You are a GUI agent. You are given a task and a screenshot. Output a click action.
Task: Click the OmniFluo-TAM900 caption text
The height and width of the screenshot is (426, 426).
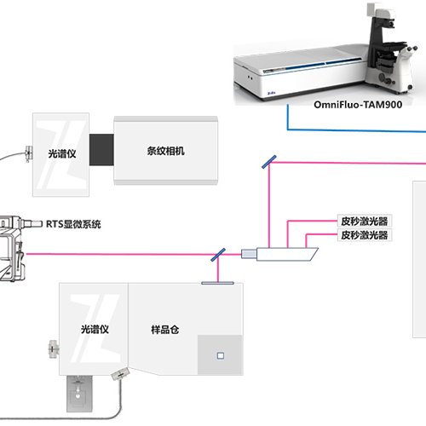(358, 105)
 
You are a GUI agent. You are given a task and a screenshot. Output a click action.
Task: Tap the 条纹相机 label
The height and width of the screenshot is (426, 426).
(166, 151)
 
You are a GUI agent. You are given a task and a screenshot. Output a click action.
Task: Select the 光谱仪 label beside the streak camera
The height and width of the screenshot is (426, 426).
(62, 153)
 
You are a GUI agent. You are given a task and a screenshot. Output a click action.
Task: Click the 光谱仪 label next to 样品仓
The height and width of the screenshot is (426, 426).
(95, 330)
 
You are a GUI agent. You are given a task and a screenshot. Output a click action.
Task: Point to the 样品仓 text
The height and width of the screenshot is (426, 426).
(165, 330)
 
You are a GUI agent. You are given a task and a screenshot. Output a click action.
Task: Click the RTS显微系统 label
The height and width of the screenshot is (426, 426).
(73, 224)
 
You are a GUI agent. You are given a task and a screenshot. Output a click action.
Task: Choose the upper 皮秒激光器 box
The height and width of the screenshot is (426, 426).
(365, 221)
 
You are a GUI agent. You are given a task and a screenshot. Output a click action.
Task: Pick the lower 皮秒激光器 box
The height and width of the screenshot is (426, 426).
(365, 235)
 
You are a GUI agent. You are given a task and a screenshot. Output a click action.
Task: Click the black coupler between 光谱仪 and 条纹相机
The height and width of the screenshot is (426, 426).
(101, 150)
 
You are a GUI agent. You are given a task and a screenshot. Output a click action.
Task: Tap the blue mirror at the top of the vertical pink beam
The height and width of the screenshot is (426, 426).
(269, 162)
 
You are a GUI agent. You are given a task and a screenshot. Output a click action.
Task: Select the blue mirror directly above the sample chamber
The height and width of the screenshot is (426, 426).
(218, 255)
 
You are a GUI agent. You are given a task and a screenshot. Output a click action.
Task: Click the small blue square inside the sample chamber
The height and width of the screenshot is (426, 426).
(221, 356)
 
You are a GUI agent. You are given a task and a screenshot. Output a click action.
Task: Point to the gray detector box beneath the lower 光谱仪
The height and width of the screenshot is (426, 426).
(79, 394)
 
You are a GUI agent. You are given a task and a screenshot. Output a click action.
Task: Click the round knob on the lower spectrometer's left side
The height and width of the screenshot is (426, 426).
(54, 348)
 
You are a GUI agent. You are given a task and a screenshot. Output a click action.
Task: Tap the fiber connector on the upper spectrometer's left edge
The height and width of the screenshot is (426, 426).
(29, 153)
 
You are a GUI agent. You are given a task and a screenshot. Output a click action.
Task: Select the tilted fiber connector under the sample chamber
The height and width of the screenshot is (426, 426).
(120, 374)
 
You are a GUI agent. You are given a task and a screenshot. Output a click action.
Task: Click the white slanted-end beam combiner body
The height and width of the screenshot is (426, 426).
(279, 254)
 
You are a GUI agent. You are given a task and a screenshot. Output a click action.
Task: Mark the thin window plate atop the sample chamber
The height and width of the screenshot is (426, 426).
(217, 283)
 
